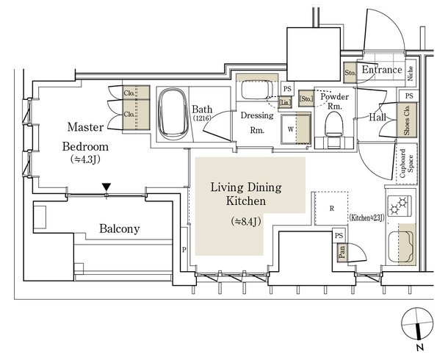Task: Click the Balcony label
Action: (x=120, y=229)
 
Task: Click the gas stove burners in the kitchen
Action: (x=399, y=206)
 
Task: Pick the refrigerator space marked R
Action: (x=331, y=209)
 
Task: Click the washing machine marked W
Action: (x=296, y=129)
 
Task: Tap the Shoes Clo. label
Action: (x=407, y=120)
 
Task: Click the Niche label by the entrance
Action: (x=411, y=73)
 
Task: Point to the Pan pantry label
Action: (x=342, y=253)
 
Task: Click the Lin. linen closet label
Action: (x=285, y=102)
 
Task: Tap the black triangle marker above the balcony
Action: (x=106, y=187)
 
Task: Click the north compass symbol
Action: (x=417, y=325)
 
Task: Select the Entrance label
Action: (x=382, y=70)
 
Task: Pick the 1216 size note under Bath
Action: (x=202, y=118)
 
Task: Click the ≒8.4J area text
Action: (x=246, y=221)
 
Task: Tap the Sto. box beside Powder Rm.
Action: (x=306, y=99)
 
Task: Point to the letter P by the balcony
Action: (x=184, y=250)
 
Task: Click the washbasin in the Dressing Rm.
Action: (x=255, y=90)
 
